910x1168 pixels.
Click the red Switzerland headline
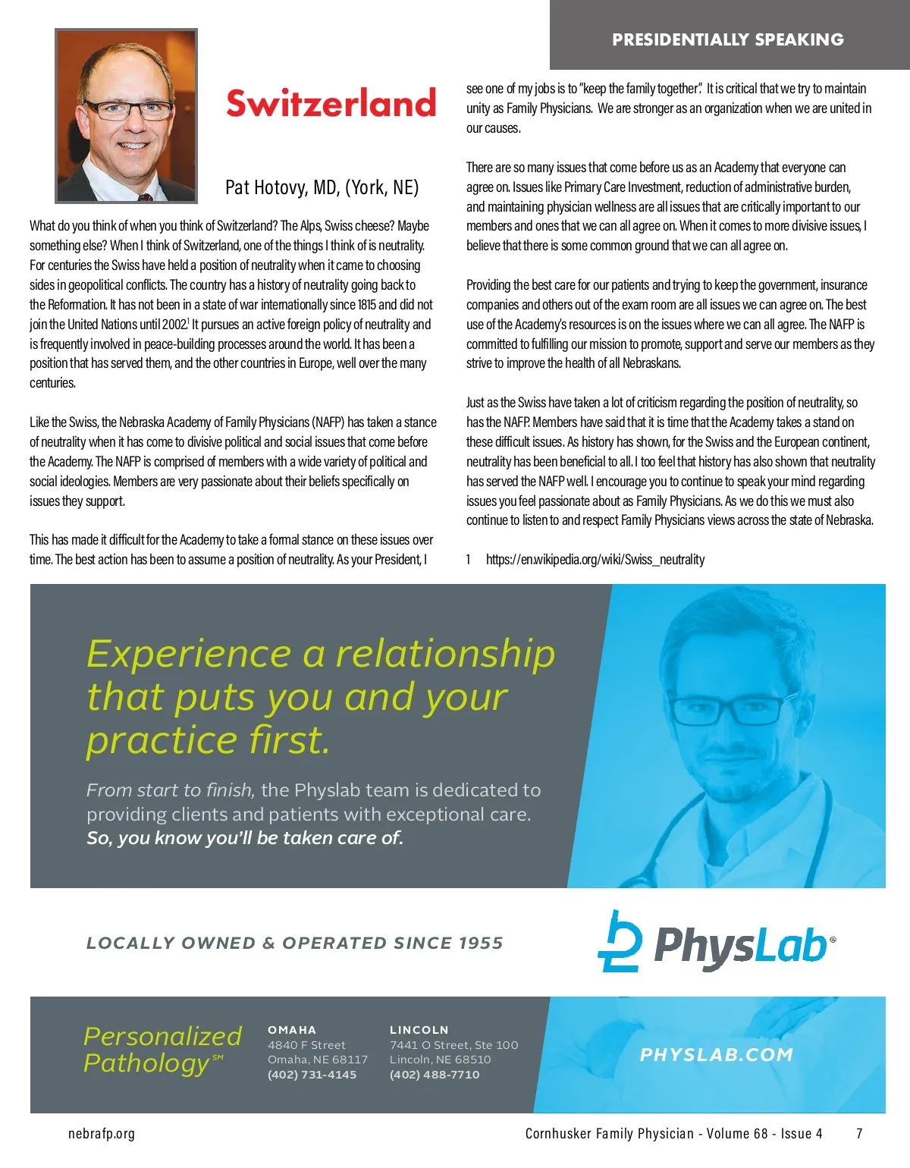coord(331,104)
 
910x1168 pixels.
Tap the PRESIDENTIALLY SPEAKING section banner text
coord(727,39)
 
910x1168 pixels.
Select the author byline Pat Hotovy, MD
coord(322,187)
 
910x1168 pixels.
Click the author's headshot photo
coord(127,116)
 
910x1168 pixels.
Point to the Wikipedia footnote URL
coord(595,560)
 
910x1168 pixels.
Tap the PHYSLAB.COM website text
coord(716,1054)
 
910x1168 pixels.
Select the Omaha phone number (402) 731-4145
coord(312,1075)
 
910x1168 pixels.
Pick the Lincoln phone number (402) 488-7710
coord(435,1075)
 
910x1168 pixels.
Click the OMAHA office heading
coord(292,1030)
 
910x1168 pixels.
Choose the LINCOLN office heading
coord(419,1030)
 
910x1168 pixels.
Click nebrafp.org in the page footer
coord(102,1134)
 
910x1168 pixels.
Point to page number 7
coord(859,1134)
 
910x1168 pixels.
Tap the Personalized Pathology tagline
coord(162,1050)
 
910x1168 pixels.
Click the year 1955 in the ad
coord(481,944)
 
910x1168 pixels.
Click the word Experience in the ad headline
coord(189,654)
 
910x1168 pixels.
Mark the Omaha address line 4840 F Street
coord(306,1045)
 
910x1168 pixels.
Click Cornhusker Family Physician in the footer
coord(609,1134)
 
